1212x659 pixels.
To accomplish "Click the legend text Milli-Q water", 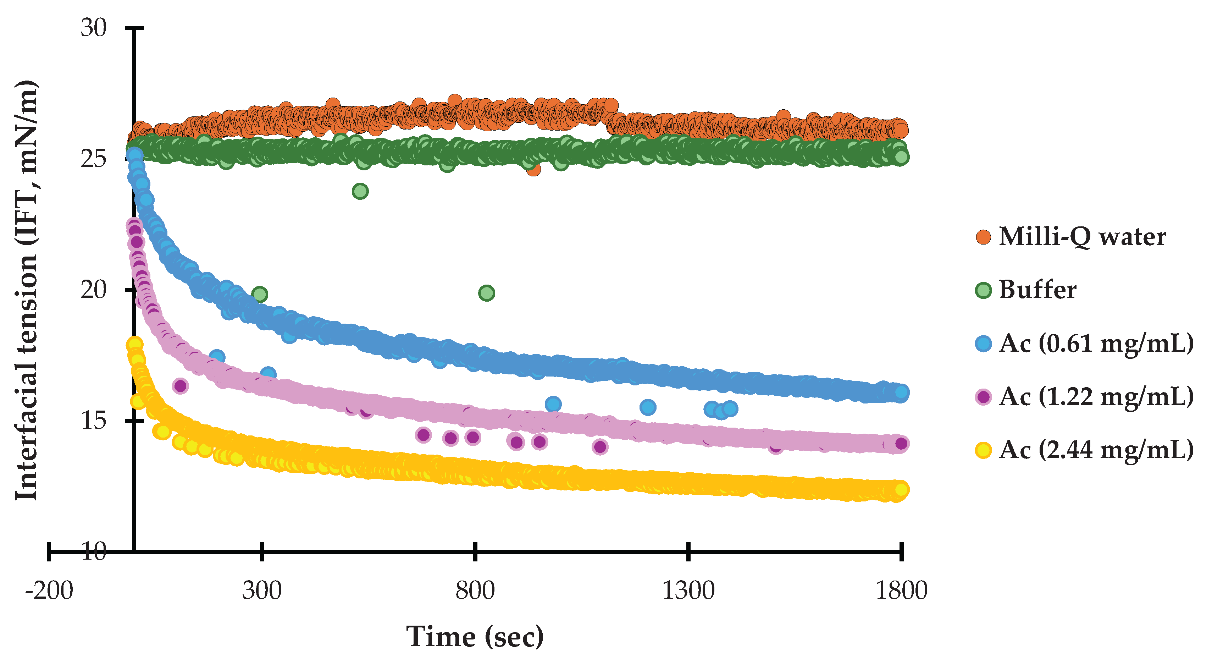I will [x=1082, y=237].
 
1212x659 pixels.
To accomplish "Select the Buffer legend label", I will [x=1037, y=290].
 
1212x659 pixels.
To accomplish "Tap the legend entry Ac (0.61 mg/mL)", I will [x=1096, y=344].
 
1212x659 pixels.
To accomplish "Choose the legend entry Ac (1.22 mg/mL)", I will [x=1096, y=397].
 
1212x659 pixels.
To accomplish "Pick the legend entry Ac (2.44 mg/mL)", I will [x=1096, y=450].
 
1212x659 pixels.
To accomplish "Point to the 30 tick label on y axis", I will [x=94, y=28].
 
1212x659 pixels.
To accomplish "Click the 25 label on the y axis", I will [x=94, y=159].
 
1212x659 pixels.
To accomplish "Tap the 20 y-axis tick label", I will [x=94, y=290].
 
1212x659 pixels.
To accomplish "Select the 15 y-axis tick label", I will [x=94, y=421].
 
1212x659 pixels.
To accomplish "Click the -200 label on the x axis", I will [x=49, y=591].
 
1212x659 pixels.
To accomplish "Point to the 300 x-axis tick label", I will [x=262, y=591].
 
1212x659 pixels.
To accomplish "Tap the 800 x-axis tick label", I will [x=475, y=591].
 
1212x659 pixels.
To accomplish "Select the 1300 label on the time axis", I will [x=688, y=591].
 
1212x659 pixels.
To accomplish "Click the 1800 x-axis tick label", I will [x=901, y=591].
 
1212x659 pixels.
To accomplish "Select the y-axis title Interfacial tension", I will [x=26, y=290].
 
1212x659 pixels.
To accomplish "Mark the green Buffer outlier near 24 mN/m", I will [x=360, y=191].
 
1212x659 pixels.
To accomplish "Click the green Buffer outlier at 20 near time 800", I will [x=487, y=293].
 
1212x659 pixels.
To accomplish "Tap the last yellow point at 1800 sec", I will [x=901, y=489].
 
